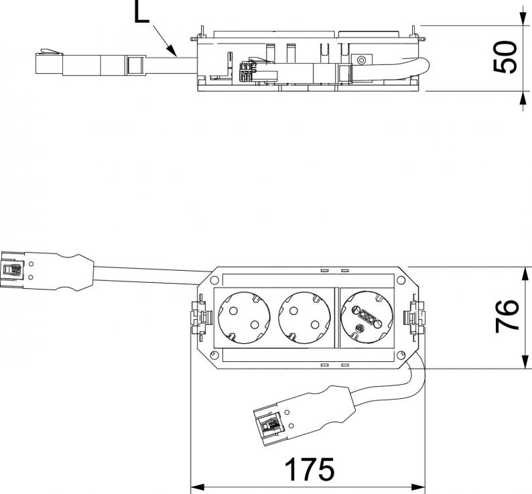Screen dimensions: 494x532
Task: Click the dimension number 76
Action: [x=507, y=315]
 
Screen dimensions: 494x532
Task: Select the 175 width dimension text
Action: [x=308, y=469]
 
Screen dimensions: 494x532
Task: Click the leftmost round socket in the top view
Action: [x=241, y=316]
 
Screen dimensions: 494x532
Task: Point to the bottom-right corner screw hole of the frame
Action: [x=401, y=355]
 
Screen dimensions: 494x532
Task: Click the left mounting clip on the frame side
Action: [x=200, y=316]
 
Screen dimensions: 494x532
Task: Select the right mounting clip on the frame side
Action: [x=416, y=316]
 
